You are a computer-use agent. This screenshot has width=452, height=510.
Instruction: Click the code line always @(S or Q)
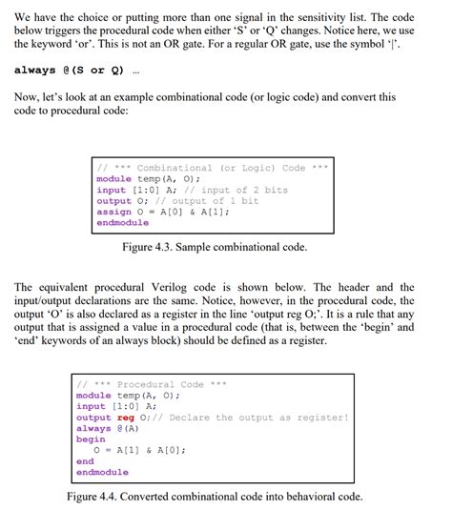(70, 70)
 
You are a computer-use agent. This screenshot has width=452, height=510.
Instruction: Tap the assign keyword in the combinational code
(113, 212)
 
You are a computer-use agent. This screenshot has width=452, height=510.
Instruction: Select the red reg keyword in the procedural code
(125, 418)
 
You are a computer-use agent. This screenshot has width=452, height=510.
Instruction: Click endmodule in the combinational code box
(122, 223)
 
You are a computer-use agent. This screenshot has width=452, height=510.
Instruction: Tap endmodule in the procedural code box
(101, 472)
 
